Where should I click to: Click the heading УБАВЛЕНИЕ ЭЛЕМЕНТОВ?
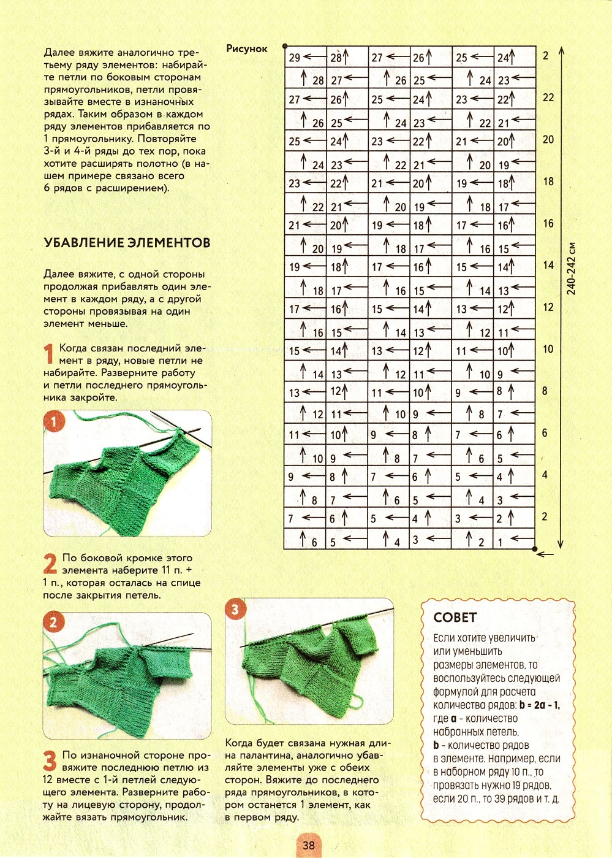[127, 243]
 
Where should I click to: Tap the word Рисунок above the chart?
[247, 49]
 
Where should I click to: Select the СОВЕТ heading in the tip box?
[455, 618]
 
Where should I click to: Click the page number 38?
[309, 845]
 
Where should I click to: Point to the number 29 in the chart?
[295, 58]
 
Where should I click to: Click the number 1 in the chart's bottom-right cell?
[501, 542]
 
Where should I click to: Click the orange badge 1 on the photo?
[54, 422]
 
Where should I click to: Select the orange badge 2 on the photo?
[54, 623]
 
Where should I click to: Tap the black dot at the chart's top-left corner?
[285, 46]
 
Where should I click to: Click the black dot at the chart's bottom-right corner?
[535, 550]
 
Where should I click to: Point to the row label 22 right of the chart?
[548, 98]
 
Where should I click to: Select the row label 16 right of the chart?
[548, 223]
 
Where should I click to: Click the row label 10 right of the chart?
[548, 349]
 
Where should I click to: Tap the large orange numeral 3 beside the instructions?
[50, 762]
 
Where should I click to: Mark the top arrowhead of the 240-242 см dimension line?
[561, 49]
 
